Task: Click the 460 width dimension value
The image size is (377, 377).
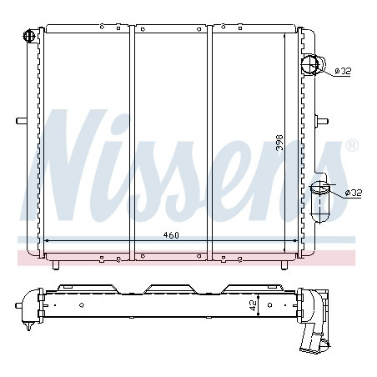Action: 171,235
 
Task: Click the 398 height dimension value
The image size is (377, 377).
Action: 279,143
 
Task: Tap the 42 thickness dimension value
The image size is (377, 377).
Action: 253,306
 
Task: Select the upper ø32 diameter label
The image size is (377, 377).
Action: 343,71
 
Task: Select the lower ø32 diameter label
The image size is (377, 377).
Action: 354,193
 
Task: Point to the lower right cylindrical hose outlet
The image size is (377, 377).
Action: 320,202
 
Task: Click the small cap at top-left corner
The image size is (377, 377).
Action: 29,35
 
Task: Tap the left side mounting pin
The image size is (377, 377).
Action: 22,121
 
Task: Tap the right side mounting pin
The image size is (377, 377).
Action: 322,122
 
